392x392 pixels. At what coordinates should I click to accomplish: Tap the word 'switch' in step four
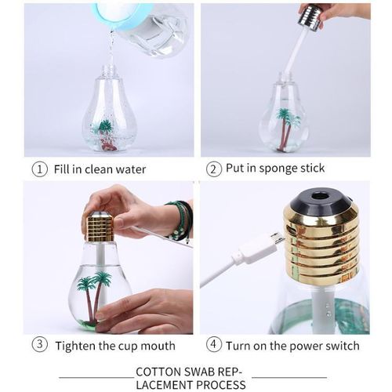pyautogui.click(x=342, y=346)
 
